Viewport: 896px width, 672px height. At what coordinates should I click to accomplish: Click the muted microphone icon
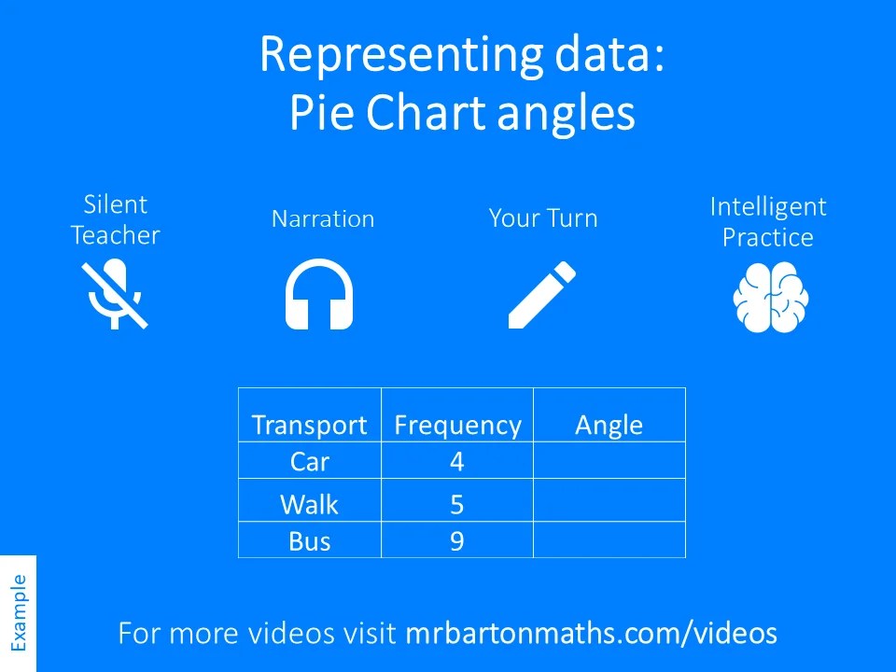coord(115,295)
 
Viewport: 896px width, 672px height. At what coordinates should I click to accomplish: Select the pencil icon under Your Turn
coord(541,295)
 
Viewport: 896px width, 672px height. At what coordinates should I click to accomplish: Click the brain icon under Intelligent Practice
coord(770,297)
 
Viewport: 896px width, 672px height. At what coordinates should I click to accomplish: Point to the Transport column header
coord(309,426)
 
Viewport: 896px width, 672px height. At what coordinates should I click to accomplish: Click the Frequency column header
coord(457,426)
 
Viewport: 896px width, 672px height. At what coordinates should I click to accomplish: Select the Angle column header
coord(609,426)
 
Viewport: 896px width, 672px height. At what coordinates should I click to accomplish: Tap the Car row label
coord(310,462)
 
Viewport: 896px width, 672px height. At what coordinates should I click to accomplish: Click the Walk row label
coord(309,505)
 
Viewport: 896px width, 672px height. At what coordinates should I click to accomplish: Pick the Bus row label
coord(310,541)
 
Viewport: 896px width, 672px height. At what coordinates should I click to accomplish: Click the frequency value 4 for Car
coord(456,462)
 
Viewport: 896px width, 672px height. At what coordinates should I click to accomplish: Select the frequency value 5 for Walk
coord(456,505)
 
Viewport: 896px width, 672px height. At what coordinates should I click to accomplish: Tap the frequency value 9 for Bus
coord(456,541)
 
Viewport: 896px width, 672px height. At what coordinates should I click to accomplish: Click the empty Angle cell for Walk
coord(609,500)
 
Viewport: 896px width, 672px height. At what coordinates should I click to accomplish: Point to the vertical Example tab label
coord(19,612)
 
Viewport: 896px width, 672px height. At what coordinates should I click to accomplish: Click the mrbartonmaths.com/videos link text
coord(592,633)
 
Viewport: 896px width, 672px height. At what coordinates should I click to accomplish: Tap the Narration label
coord(323,218)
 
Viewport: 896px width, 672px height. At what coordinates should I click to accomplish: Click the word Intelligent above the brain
coord(768,207)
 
